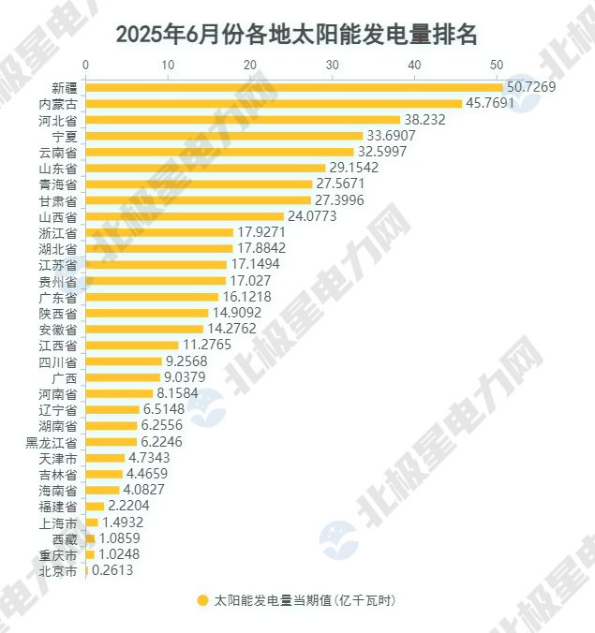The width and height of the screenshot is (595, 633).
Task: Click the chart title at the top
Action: tap(297, 35)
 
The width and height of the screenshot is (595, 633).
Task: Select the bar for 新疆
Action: tap(294, 87)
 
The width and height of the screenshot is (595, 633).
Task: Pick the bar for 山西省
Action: tap(185, 215)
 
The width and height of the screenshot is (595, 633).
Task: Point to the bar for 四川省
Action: tap(124, 361)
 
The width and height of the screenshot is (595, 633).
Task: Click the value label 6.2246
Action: tap(163, 441)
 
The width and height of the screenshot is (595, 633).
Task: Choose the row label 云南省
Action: tap(58, 152)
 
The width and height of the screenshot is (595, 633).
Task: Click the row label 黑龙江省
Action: tap(52, 441)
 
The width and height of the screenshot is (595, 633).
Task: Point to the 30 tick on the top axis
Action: tap(332, 65)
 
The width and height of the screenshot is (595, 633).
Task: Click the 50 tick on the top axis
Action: tap(496, 65)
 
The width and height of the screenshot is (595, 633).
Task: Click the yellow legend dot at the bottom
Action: tap(202, 600)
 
